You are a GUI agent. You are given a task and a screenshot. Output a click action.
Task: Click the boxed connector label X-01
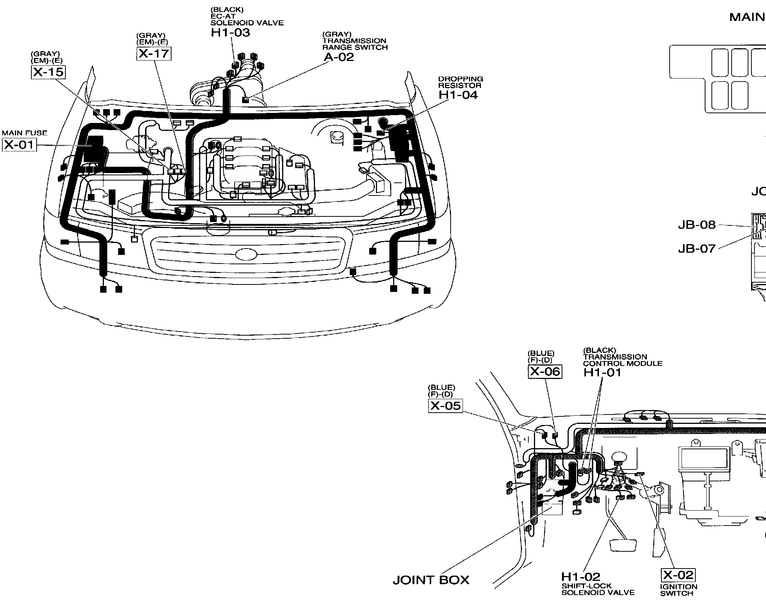pos(19,145)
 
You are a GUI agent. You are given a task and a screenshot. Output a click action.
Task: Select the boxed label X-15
pos(48,72)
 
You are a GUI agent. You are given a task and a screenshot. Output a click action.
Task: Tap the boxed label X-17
pos(154,54)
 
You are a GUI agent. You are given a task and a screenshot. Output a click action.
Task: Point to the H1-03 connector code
pos(230,33)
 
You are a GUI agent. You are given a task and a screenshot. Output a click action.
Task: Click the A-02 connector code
pos(338,57)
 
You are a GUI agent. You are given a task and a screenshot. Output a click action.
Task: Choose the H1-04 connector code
pos(458,95)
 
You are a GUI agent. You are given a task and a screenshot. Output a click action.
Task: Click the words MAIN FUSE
pos(25,133)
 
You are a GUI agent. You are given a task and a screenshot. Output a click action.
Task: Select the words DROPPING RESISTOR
pos(460,82)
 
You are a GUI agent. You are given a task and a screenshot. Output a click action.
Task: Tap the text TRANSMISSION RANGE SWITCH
pos(355,44)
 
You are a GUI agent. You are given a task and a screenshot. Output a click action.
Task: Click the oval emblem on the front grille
pos(246,254)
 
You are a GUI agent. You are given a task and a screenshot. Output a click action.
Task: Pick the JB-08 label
pos(696,225)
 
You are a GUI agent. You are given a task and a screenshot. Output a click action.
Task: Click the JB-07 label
pos(696,249)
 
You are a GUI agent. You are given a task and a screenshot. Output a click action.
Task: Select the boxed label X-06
pos(545,372)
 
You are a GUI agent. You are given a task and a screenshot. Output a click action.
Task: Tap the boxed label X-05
pos(445,406)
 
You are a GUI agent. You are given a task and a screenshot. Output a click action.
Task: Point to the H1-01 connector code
pos(602,372)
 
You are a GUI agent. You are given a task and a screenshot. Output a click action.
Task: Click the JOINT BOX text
pos(431,580)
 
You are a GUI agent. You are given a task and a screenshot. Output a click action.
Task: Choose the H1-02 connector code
pos(580,577)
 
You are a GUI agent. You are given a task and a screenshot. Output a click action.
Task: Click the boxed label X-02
pos(678,575)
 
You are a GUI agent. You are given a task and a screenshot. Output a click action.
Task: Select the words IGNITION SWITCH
pos(679,590)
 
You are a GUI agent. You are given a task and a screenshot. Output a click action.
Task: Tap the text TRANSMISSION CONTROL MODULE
pos(623,360)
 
